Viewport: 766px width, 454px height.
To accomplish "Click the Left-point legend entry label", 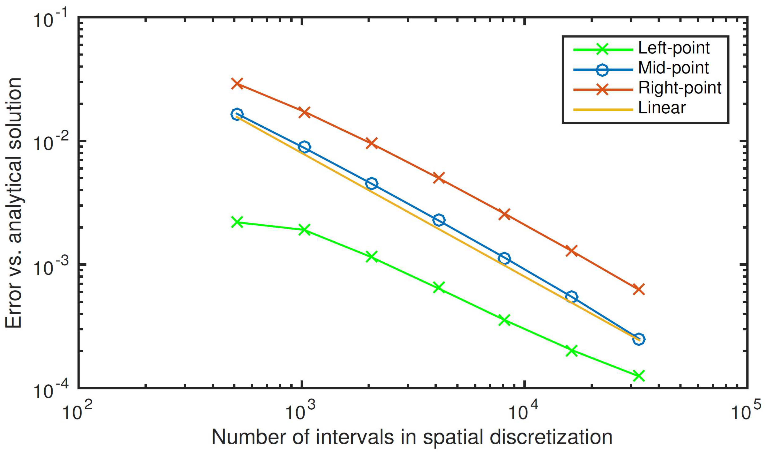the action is point(674,48).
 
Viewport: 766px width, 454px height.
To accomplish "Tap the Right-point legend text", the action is point(680,88).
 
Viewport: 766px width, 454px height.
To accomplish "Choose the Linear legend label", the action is point(662,108).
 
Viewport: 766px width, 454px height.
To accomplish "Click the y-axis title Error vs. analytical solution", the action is point(13,203).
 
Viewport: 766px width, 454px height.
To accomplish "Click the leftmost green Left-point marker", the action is point(237,222).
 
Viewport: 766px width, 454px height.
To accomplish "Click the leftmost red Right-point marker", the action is point(237,83).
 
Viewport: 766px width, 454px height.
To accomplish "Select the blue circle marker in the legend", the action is point(602,70).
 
